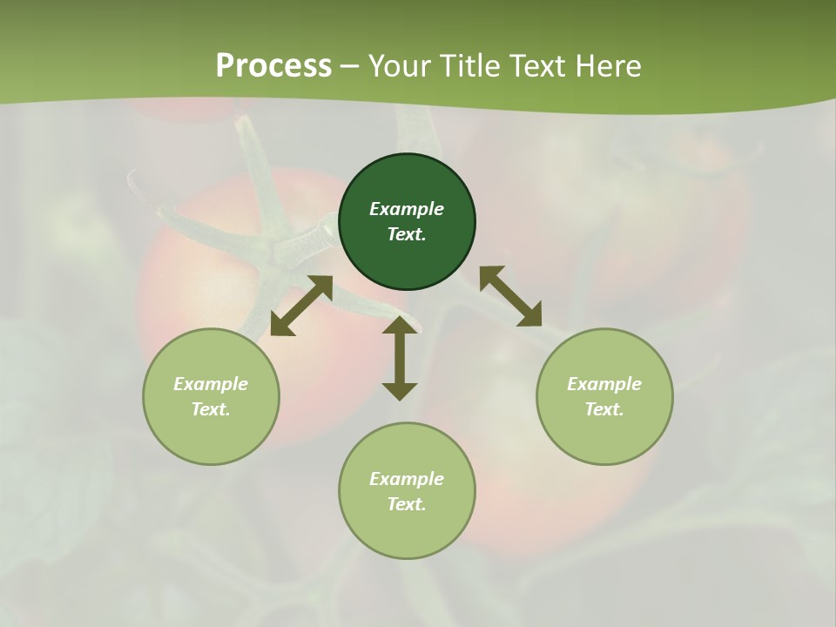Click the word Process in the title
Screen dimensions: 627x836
click(273, 66)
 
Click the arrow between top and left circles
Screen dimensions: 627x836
click(301, 306)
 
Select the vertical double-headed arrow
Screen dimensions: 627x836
click(400, 358)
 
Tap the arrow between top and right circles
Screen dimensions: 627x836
click(510, 297)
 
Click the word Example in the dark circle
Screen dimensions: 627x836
click(407, 209)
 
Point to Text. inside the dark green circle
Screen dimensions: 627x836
click(407, 234)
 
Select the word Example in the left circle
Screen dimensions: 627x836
click(211, 384)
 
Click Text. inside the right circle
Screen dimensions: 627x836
click(604, 409)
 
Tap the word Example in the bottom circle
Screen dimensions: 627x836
click(407, 479)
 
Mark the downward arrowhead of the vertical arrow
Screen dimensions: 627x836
click(400, 389)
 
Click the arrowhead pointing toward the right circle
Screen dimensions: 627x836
click(529, 314)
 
